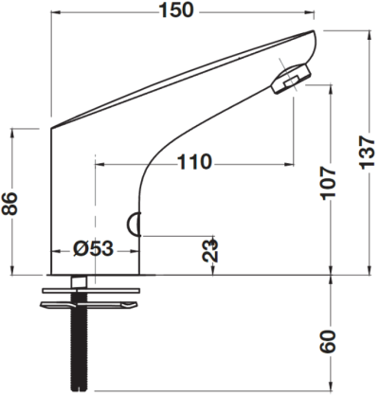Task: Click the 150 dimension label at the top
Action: (176, 10)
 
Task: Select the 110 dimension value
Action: (193, 162)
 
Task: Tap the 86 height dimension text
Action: (9, 203)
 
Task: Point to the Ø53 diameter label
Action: (93, 248)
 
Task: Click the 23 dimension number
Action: (210, 250)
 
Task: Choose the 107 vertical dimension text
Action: (329, 183)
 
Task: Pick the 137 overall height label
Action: (368, 153)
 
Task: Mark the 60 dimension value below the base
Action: (329, 341)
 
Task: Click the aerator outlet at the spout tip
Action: (291, 79)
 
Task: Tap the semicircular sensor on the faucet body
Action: (134, 225)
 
